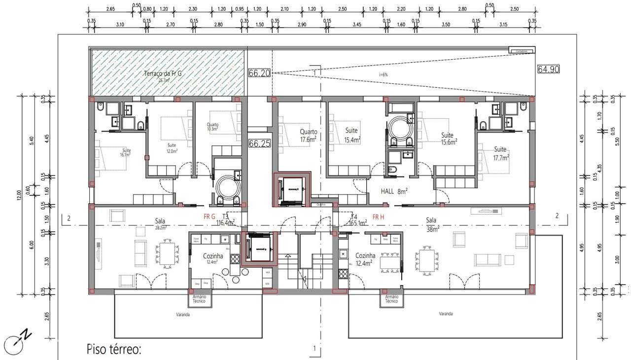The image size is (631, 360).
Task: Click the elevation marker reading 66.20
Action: pos(260,73)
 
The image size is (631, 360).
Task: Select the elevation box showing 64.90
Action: pos(548,70)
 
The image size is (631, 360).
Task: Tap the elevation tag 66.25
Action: pos(260,144)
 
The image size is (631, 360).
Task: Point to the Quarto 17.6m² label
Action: pos(308,136)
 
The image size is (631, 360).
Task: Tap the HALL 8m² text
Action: pos(394,191)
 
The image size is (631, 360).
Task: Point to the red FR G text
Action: pos(210,216)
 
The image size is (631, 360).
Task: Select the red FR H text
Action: pos(378,216)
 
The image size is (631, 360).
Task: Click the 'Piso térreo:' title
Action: pos(114,350)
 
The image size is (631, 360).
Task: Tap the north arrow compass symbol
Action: pos(15,343)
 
